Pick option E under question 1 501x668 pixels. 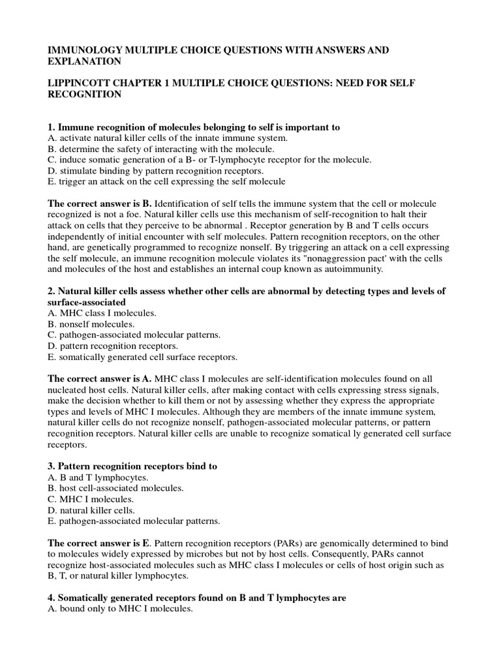[166, 181]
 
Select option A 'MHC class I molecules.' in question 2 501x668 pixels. [102, 313]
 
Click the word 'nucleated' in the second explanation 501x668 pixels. [71, 389]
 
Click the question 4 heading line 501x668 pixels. [196, 598]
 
